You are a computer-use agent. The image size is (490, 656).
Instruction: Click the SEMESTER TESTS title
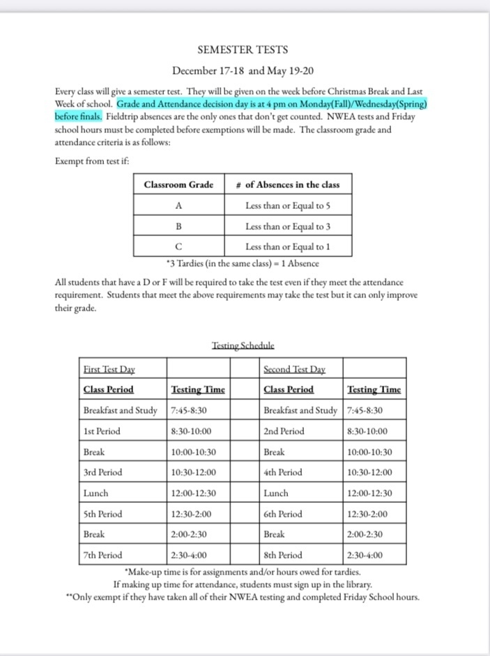click(243, 49)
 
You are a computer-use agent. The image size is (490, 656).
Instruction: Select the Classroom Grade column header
click(178, 185)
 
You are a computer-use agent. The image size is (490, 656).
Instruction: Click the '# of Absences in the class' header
click(288, 185)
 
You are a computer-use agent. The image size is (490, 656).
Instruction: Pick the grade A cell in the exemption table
click(178, 205)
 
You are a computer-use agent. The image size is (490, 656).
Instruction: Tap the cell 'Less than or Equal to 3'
click(288, 226)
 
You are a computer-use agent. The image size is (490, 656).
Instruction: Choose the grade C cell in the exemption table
click(178, 247)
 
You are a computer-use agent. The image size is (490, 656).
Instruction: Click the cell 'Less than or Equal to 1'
click(288, 247)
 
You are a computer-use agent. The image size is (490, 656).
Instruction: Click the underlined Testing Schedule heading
click(243, 345)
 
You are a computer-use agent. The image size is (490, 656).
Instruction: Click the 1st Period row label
click(102, 431)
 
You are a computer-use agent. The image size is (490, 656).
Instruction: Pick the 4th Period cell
click(283, 472)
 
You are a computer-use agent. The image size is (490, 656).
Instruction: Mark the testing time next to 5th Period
click(191, 514)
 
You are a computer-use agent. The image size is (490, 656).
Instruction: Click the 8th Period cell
click(283, 555)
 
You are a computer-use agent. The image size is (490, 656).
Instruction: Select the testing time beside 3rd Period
click(193, 472)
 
